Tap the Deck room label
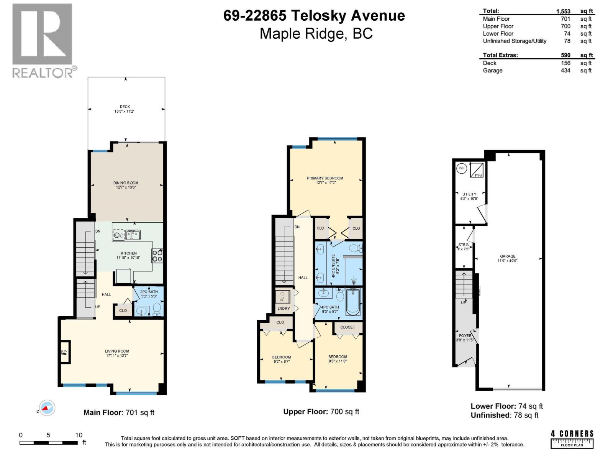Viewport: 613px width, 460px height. coord(125,109)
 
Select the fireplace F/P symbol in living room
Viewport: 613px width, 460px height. coord(64,352)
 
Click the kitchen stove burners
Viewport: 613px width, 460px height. coord(157,256)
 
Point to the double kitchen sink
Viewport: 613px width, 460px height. coord(133,235)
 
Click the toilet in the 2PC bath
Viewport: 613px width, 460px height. coord(156,309)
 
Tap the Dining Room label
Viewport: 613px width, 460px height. coord(126,185)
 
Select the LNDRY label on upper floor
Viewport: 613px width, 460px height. coord(284,308)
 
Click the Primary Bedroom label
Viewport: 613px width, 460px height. coord(325,180)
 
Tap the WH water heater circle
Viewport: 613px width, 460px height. coord(462,168)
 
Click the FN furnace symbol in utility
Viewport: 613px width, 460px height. coord(477,170)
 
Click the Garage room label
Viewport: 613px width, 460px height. coord(508,258)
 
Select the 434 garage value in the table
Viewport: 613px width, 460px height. coord(565,71)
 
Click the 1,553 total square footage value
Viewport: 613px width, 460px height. coord(563,11)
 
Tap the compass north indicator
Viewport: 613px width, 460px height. coord(47,408)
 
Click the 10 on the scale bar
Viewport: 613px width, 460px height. coord(79,435)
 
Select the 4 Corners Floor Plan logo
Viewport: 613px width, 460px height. coord(572,439)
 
